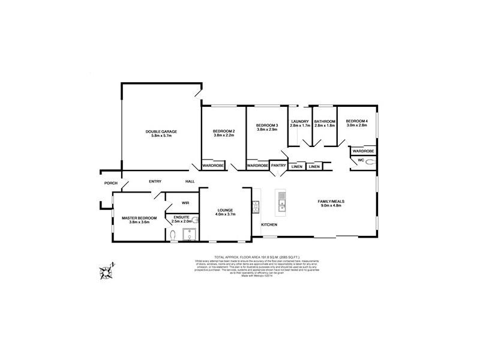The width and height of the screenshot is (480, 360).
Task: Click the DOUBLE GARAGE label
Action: (161, 131)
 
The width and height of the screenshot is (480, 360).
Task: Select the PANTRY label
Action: (278, 165)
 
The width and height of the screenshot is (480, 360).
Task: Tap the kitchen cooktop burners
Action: (256, 208)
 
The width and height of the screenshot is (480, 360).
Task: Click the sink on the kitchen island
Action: (281, 208)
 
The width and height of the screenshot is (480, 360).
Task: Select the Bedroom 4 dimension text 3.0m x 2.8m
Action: (356, 125)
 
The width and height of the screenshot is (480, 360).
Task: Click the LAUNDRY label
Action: (300, 121)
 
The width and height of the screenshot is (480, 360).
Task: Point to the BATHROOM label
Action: (325, 121)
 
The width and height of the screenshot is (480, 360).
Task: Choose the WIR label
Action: (177, 203)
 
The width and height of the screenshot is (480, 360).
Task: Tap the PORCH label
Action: (110, 183)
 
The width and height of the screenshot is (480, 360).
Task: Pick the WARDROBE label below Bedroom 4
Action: (363, 151)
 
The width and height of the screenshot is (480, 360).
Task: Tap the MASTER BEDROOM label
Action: (139, 218)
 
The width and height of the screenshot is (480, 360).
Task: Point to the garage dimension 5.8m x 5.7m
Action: (161, 136)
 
